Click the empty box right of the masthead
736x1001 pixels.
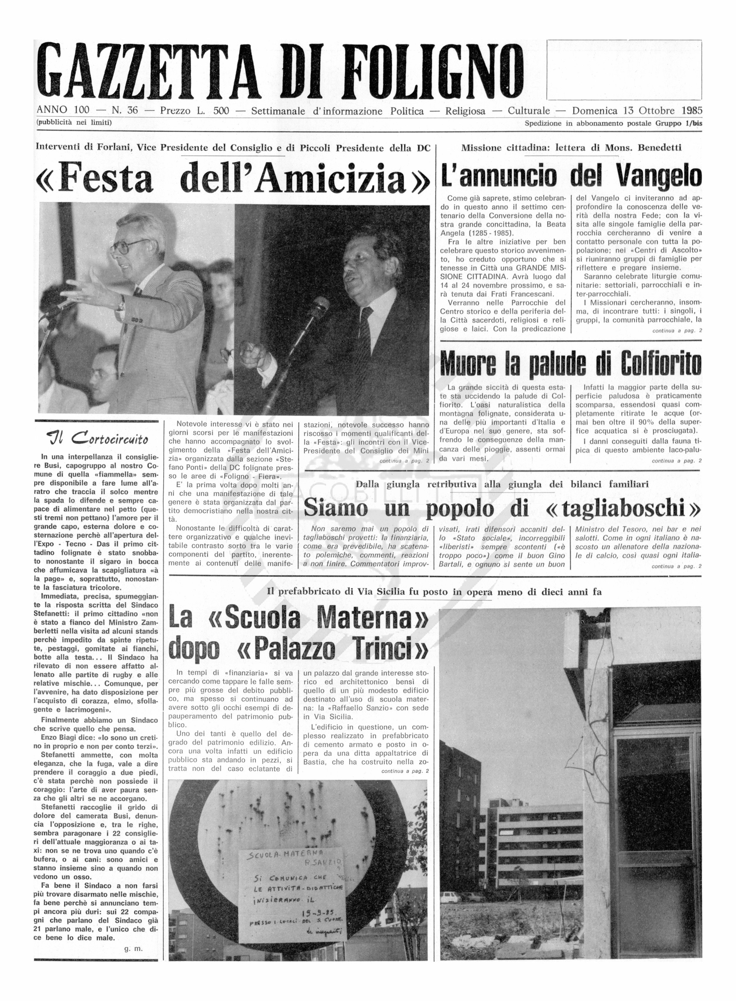tap(624, 70)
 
